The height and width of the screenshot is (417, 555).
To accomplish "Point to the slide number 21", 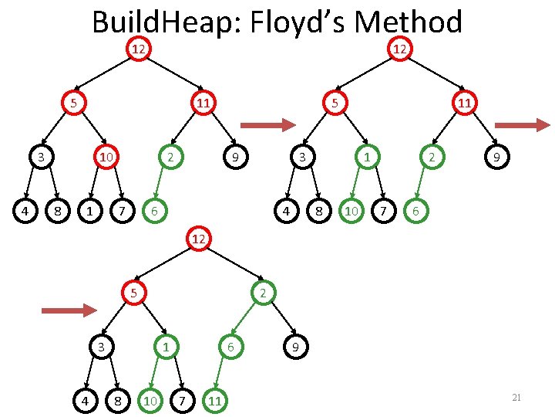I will pos(516,397).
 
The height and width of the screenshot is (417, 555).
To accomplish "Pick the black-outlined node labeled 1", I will pos(92,209).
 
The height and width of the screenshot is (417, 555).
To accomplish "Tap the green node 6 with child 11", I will pos(229,347).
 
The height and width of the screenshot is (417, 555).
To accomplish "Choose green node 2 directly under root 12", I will pos(263,293).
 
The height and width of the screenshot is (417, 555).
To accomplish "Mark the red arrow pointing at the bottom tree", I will pos(69,310).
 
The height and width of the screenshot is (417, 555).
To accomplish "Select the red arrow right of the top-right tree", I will pos(522,124).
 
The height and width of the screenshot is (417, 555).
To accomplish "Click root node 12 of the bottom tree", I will pos(199,239).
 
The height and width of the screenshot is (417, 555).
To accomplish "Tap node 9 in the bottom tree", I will pos(294,347).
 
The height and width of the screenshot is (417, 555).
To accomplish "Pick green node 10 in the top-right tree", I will pos(351,209).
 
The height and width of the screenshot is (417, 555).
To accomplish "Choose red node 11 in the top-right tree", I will pos(464,102).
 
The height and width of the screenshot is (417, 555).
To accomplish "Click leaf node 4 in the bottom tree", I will pos(86,399).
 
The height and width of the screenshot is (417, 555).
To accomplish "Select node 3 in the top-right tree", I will pos(304,158).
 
